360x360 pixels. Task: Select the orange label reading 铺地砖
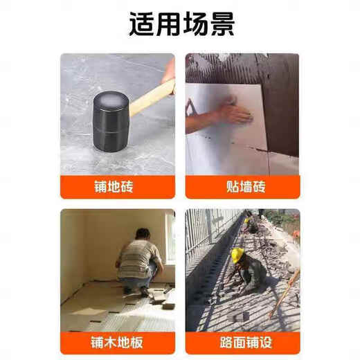tap(117, 186)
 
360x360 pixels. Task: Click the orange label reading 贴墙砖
tap(242, 186)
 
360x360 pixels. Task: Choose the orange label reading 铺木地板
tap(117, 342)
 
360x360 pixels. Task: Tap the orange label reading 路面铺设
tap(242, 342)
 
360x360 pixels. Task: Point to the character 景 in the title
tap(219, 24)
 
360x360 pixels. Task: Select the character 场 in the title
tap(193, 24)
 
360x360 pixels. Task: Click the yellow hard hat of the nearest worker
tap(238, 254)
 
